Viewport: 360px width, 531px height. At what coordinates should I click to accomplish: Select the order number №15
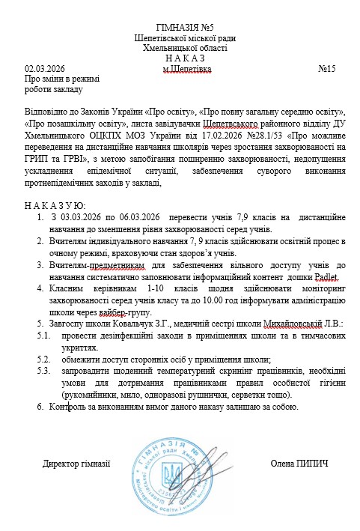pos(327,69)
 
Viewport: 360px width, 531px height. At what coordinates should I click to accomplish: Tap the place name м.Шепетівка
pos(187,69)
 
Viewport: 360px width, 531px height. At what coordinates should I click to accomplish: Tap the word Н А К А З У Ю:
pos(55,204)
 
